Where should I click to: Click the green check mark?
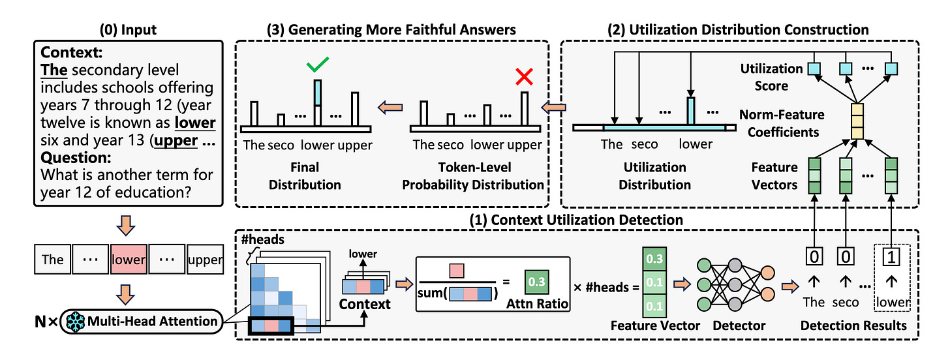pyautogui.click(x=318, y=65)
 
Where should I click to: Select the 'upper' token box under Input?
pyautogui.click(x=206, y=259)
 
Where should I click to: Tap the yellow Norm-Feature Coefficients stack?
pyautogui.click(x=857, y=123)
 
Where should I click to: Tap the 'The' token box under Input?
pyautogui.click(x=53, y=259)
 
